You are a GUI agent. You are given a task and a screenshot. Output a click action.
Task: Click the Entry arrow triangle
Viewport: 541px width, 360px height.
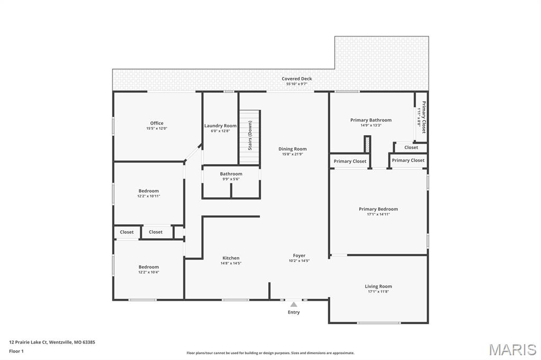point(294,304)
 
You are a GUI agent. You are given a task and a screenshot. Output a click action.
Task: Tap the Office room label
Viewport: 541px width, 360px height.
point(156,123)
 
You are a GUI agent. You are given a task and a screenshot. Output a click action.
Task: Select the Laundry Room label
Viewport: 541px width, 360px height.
point(220,126)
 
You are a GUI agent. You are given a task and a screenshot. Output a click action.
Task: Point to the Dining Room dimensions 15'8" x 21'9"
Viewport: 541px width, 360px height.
point(292,154)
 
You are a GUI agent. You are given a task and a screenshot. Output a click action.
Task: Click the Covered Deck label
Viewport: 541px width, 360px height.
point(296,79)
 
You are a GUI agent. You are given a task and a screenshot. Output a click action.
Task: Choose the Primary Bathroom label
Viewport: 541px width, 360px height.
point(371,120)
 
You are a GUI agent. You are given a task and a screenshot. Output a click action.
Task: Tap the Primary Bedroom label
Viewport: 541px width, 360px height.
point(378,209)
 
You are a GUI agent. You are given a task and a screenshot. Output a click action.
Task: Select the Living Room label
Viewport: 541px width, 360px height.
point(378,286)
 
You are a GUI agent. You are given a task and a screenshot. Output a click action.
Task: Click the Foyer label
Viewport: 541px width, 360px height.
point(299,255)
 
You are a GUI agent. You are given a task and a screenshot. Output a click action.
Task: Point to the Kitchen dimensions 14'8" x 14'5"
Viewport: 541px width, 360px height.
point(231,263)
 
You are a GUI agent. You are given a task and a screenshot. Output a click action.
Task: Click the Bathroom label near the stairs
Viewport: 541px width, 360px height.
point(231,174)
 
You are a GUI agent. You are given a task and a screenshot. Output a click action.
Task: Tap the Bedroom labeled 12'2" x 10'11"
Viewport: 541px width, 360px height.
point(148,191)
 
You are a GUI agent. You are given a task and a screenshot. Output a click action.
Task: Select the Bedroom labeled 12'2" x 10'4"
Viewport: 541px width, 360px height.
point(148,267)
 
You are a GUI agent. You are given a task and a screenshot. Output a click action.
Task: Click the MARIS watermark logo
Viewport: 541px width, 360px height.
point(512,349)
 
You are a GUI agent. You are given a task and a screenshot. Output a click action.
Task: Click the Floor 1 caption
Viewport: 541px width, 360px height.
point(16,351)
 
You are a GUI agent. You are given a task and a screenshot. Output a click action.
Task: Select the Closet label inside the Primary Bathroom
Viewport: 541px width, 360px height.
point(411,147)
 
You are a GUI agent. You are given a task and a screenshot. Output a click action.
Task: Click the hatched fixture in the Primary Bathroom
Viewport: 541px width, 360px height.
point(367,145)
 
